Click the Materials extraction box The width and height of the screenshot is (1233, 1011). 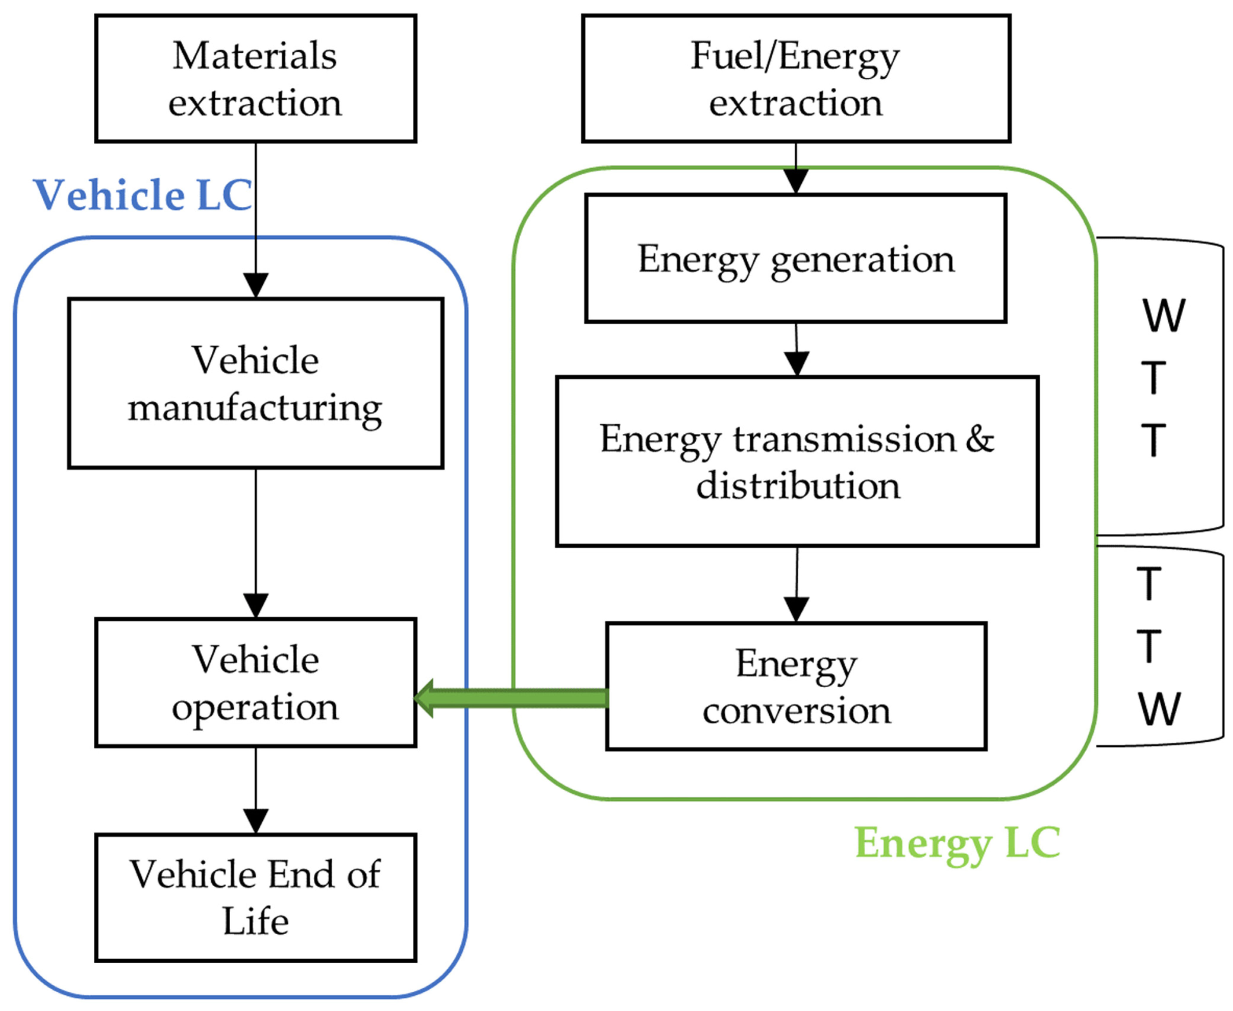255,78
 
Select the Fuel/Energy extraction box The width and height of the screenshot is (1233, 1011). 795,78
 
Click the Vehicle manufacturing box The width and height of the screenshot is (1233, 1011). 255,383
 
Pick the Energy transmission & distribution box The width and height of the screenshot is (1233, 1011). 797,461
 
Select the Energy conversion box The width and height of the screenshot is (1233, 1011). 796,686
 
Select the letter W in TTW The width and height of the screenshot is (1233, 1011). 1159,709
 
